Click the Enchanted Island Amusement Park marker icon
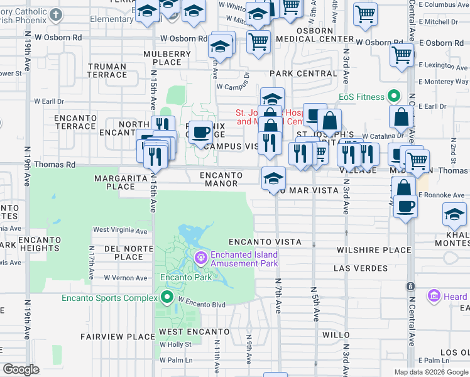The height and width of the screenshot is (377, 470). (x=201, y=256)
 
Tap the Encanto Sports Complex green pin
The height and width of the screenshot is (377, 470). (x=167, y=298)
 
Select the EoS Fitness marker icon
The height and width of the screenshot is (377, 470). (x=394, y=97)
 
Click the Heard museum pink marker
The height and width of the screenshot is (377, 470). (x=434, y=296)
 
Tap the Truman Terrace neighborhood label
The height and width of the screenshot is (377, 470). (x=107, y=70)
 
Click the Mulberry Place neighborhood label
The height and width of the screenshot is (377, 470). (x=167, y=58)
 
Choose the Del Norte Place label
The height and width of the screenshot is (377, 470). (x=124, y=253)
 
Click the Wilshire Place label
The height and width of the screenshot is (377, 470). (x=373, y=250)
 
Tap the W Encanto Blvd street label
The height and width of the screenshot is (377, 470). (x=201, y=302)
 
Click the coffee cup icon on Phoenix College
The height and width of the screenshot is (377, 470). (x=200, y=132)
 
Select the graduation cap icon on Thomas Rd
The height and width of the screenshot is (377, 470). (x=274, y=178)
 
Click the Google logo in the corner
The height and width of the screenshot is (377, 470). (x=21, y=369)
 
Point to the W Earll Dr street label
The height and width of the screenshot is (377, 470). (x=49, y=101)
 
